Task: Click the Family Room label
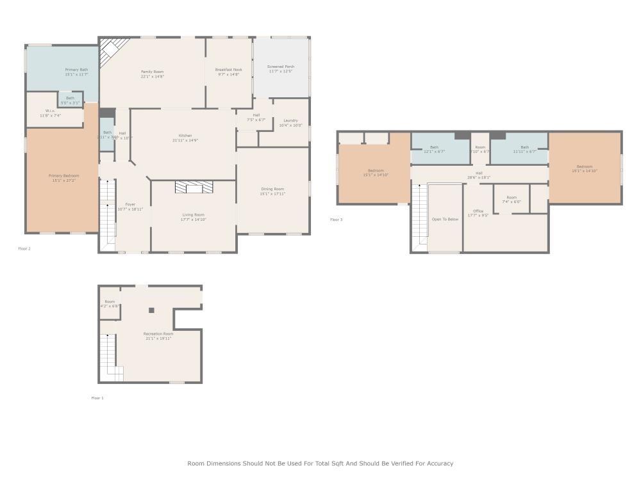click(153, 72)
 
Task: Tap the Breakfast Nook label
click(228, 70)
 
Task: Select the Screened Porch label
click(281, 67)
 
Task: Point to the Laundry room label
click(290, 120)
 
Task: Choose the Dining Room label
click(272, 189)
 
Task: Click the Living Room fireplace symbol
click(193, 186)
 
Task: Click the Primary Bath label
click(76, 69)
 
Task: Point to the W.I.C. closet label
click(50, 111)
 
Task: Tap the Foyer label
click(130, 204)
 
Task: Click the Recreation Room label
click(158, 333)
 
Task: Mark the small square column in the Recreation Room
click(152, 310)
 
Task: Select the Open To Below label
click(445, 219)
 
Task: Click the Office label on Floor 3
click(478, 211)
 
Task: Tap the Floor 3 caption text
click(337, 220)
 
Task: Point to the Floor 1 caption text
click(97, 397)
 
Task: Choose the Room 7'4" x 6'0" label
click(512, 198)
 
